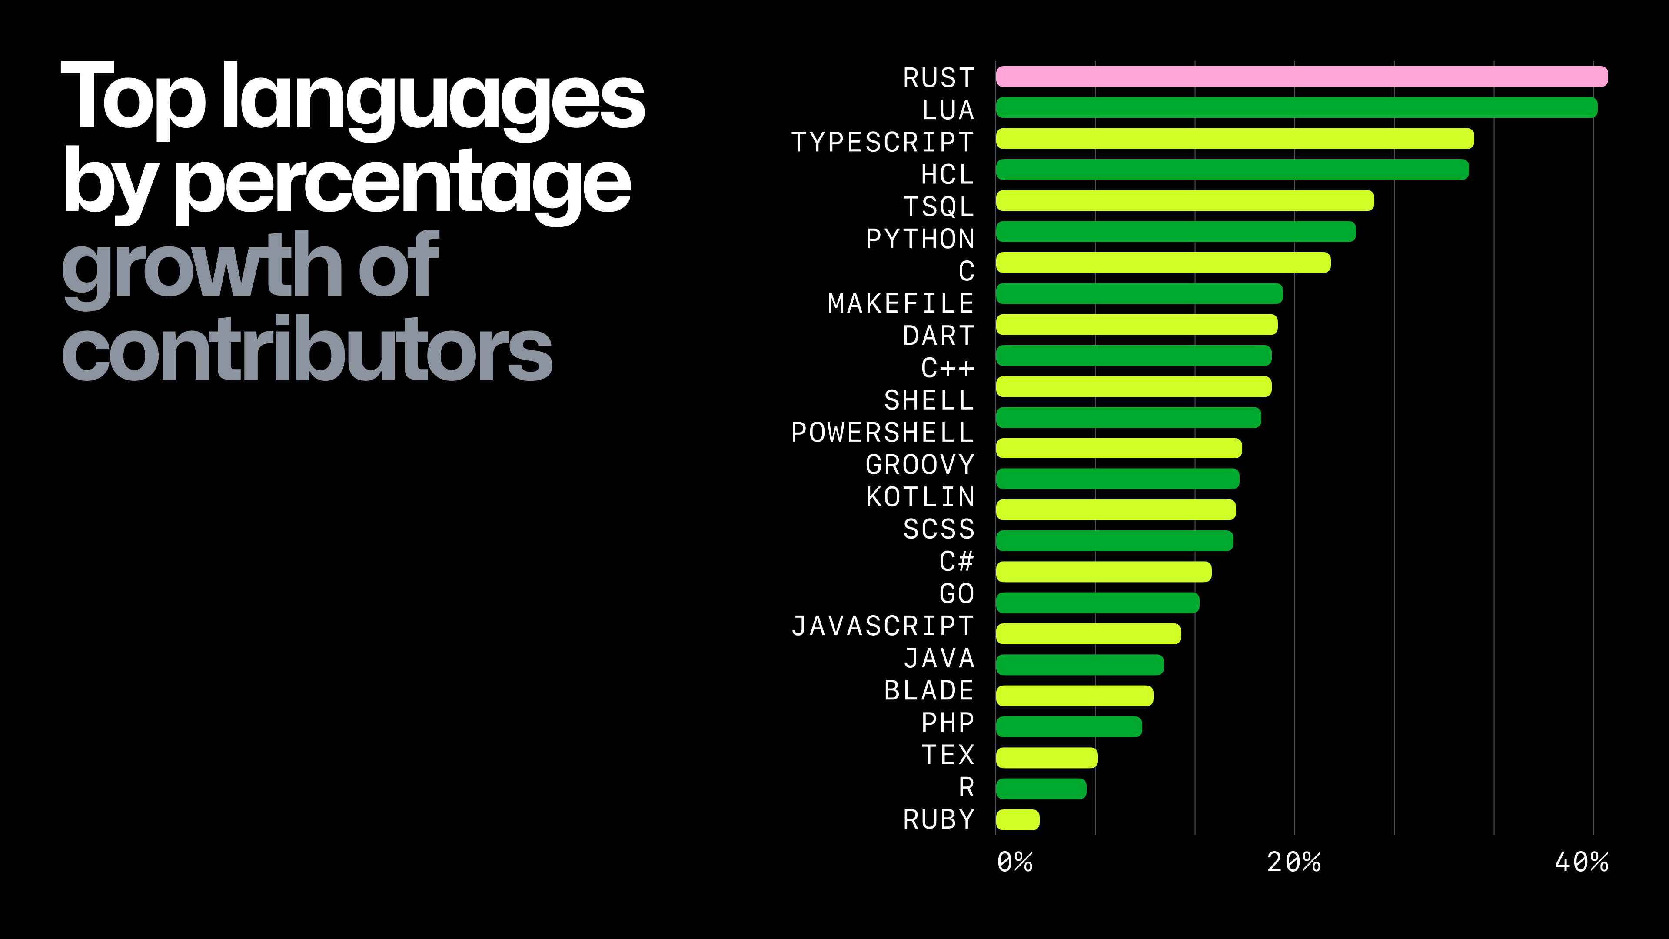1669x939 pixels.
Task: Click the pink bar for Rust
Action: tap(1301, 77)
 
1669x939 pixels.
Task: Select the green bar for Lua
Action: tap(1296, 107)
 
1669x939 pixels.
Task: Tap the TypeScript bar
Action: tap(1234, 139)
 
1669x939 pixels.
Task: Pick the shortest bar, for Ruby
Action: tap(1017, 820)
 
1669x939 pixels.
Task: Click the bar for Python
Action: tap(1175, 231)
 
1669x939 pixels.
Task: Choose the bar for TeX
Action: tap(1046, 758)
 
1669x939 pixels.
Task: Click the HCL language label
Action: tap(947, 175)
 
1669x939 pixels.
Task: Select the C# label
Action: tap(956, 562)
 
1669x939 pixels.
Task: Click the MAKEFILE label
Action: tap(901, 304)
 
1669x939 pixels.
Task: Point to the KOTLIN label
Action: tap(920, 497)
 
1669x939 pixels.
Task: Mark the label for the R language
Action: tap(966, 787)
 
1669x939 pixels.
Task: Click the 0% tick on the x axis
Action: tap(1014, 862)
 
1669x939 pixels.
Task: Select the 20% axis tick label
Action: tap(1293, 862)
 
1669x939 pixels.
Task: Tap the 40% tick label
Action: tap(1581, 862)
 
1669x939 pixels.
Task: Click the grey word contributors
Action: tap(306, 350)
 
